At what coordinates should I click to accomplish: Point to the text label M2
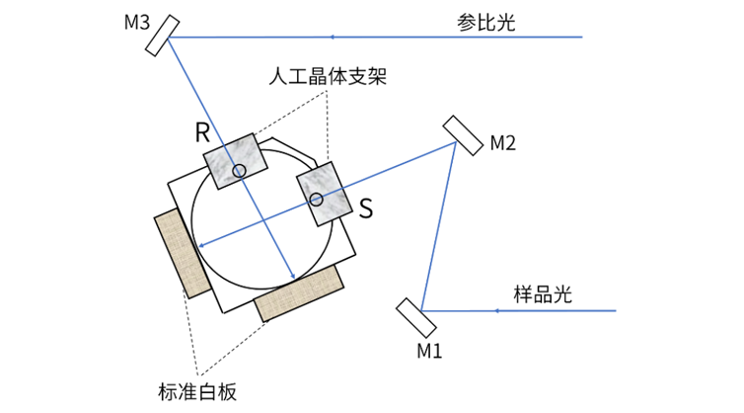click(x=502, y=144)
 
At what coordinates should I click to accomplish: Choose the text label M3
click(x=136, y=22)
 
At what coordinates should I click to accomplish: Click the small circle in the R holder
click(x=239, y=172)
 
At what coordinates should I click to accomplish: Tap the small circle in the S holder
click(x=317, y=201)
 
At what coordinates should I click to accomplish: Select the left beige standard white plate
click(x=183, y=252)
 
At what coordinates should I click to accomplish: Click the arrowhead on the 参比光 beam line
click(x=332, y=38)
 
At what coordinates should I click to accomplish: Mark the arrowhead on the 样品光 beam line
click(x=495, y=310)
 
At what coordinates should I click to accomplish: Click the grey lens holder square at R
click(x=235, y=158)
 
